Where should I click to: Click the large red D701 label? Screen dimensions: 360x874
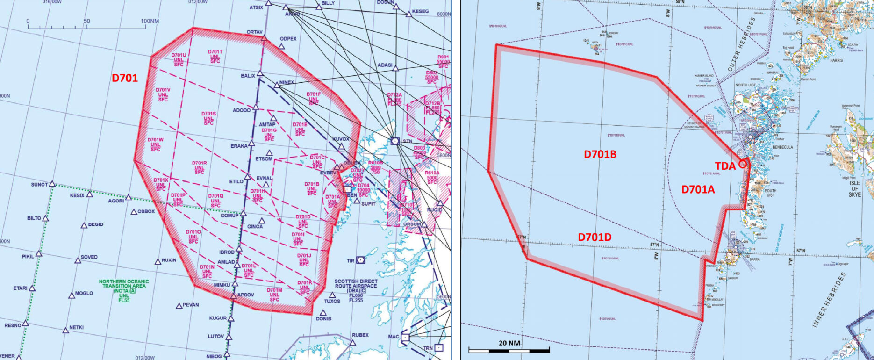125,78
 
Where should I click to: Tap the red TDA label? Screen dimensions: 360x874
725,166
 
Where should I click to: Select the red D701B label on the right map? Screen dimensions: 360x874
600,154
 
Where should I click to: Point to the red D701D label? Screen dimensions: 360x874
595,237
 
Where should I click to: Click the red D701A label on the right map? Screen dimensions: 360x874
698,189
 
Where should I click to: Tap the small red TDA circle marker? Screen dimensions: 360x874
743,164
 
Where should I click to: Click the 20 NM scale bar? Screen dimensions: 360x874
509,349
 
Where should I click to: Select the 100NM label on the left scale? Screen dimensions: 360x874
150,21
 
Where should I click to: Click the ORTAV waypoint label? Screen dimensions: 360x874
255,32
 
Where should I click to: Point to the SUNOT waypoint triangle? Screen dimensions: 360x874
52,184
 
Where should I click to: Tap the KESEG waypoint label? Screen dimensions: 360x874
420,12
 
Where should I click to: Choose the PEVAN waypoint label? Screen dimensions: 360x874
191,305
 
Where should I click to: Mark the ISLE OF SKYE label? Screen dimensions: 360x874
854,188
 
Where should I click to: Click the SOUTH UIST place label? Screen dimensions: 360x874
770,193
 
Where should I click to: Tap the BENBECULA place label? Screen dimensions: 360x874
780,147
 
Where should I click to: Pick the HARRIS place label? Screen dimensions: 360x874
836,60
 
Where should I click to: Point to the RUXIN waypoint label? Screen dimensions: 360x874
169,260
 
